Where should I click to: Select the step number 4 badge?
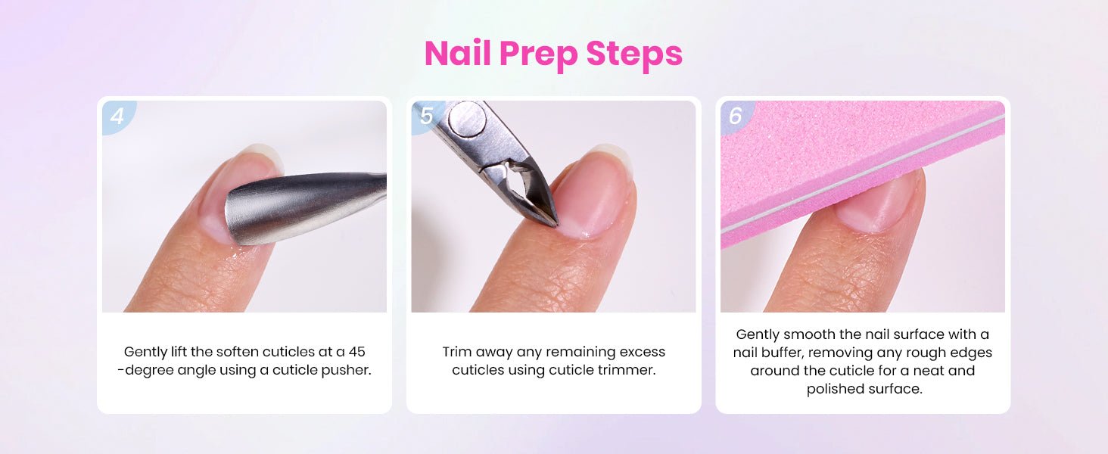coord(118,117)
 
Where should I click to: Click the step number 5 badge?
coord(426,116)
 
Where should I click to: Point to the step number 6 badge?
coord(736,117)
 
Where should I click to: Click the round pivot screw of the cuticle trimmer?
coord(467,120)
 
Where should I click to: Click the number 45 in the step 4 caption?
coord(356,352)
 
